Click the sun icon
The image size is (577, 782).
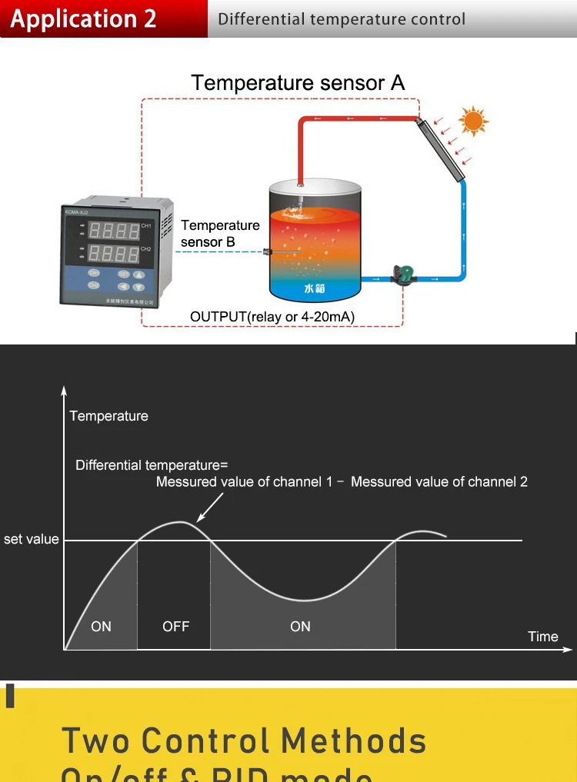[x=473, y=121]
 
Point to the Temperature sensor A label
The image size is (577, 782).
[x=298, y=83]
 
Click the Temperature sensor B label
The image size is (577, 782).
[x=220, y=234]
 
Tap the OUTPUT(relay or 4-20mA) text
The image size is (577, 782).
[x=272, y=317]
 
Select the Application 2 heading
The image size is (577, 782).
[x=83, y=18]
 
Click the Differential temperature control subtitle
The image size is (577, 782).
[x=342, y=19]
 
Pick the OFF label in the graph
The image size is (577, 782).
[x=175, y=627]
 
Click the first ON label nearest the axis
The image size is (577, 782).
[x=101, y=627]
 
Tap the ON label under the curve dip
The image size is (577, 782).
[x=300, y=627]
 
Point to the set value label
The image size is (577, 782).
[x=32, y=539]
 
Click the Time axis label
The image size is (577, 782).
[x=542, y=637]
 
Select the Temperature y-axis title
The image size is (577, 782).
[x=108, y=416]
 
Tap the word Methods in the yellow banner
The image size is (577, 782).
[x=353, y=740]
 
